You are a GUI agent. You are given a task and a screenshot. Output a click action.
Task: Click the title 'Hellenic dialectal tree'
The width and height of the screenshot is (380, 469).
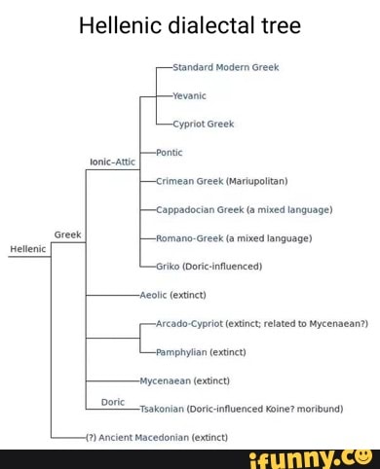click(189, 26)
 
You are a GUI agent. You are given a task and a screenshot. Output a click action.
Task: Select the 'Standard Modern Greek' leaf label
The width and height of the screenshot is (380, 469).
click(225, 67)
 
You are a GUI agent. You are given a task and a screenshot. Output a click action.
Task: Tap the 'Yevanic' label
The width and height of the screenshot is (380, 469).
click(189, 95)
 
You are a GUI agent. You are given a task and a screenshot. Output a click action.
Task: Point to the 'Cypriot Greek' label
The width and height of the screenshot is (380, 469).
click(203, 124)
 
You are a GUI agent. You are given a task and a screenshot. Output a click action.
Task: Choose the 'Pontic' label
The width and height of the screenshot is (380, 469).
click(170, 153)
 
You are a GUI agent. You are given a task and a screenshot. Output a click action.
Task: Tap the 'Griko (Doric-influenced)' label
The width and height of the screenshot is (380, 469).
click(209, 266)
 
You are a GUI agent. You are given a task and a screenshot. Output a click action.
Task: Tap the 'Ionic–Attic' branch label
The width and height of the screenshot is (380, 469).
click(113, 162)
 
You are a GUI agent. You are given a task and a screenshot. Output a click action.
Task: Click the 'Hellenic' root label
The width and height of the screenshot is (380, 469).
click(27, 249)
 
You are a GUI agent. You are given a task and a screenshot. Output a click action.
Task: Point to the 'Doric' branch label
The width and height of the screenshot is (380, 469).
click(113, 401)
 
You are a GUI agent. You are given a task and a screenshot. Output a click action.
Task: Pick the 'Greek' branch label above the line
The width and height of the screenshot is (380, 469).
click(67, 235)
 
